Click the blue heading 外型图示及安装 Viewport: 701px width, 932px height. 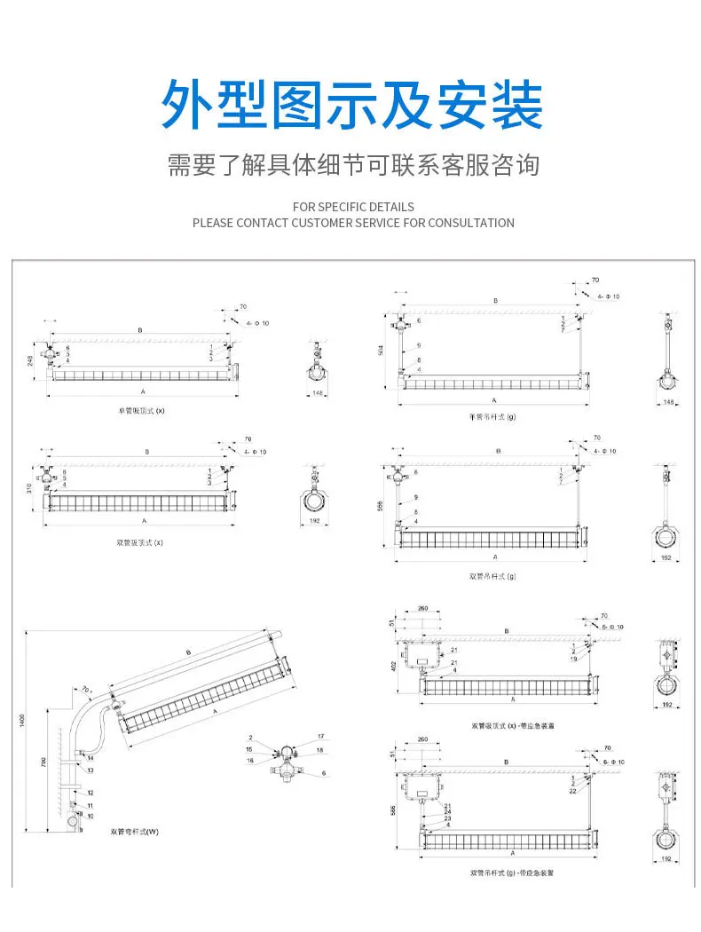351,106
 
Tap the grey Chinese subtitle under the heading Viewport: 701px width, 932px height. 353,165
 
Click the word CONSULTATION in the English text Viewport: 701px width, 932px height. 470,223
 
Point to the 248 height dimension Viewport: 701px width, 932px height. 29,359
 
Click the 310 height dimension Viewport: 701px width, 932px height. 29,489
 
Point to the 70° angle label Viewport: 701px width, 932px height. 86,689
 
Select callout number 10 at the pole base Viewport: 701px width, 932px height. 90,815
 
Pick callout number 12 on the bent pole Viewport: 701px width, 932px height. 90,792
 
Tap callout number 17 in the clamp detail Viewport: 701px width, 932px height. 320,736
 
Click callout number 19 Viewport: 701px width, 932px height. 575,659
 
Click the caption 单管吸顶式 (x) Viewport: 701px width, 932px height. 142,411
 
